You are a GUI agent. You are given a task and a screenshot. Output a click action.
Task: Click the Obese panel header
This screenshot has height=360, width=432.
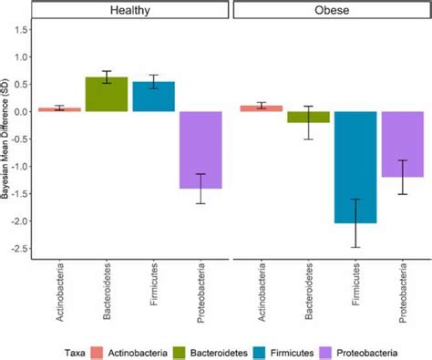pyautogui.click(x=330, y=12)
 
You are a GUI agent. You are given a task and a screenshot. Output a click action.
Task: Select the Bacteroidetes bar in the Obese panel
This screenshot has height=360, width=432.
pyautogui.click(x=308, y=117)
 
